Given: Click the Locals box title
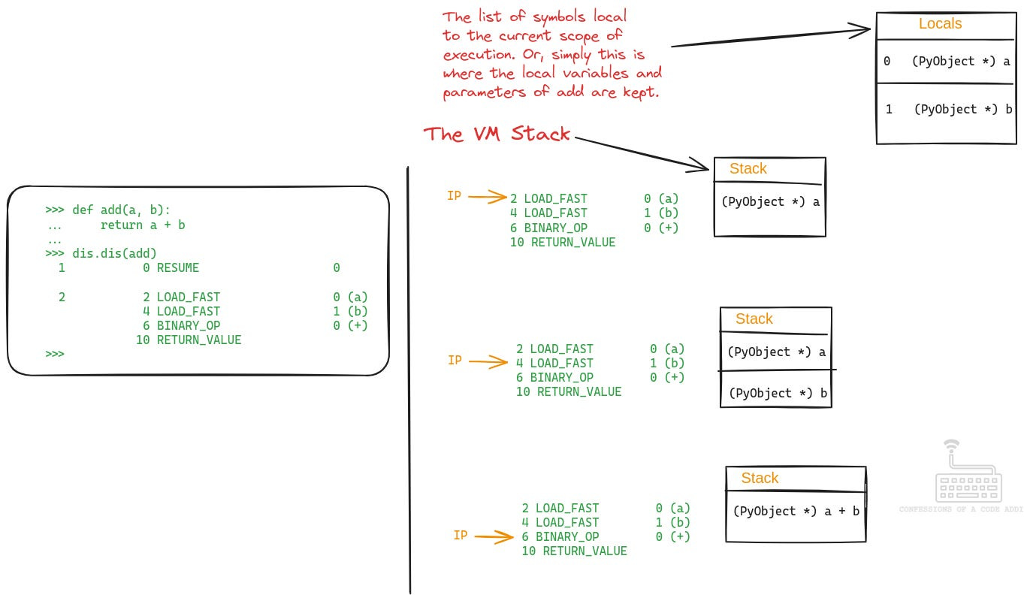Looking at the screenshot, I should [x=940, y=24].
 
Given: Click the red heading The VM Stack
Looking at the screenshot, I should [x=497, y=134].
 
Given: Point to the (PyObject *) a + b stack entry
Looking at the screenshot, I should [x=796, y=511].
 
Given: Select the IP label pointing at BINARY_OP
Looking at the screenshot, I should [x=461, y=536].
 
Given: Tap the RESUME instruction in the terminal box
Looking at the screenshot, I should [x=177, y=268].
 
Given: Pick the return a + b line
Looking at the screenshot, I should [x=143, y=225].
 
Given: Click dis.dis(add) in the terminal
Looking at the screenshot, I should [x=114, y=254].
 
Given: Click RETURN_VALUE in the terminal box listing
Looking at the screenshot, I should [x=198, y=340].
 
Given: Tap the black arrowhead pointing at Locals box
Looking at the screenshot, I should [x=861, y=31].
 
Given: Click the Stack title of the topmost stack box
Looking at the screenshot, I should [x=748, y=169].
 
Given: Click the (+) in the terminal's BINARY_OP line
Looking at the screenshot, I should [x=358, y=326].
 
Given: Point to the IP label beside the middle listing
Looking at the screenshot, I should [x=455, y=361].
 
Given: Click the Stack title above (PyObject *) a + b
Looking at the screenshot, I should [x=760, y=479].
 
